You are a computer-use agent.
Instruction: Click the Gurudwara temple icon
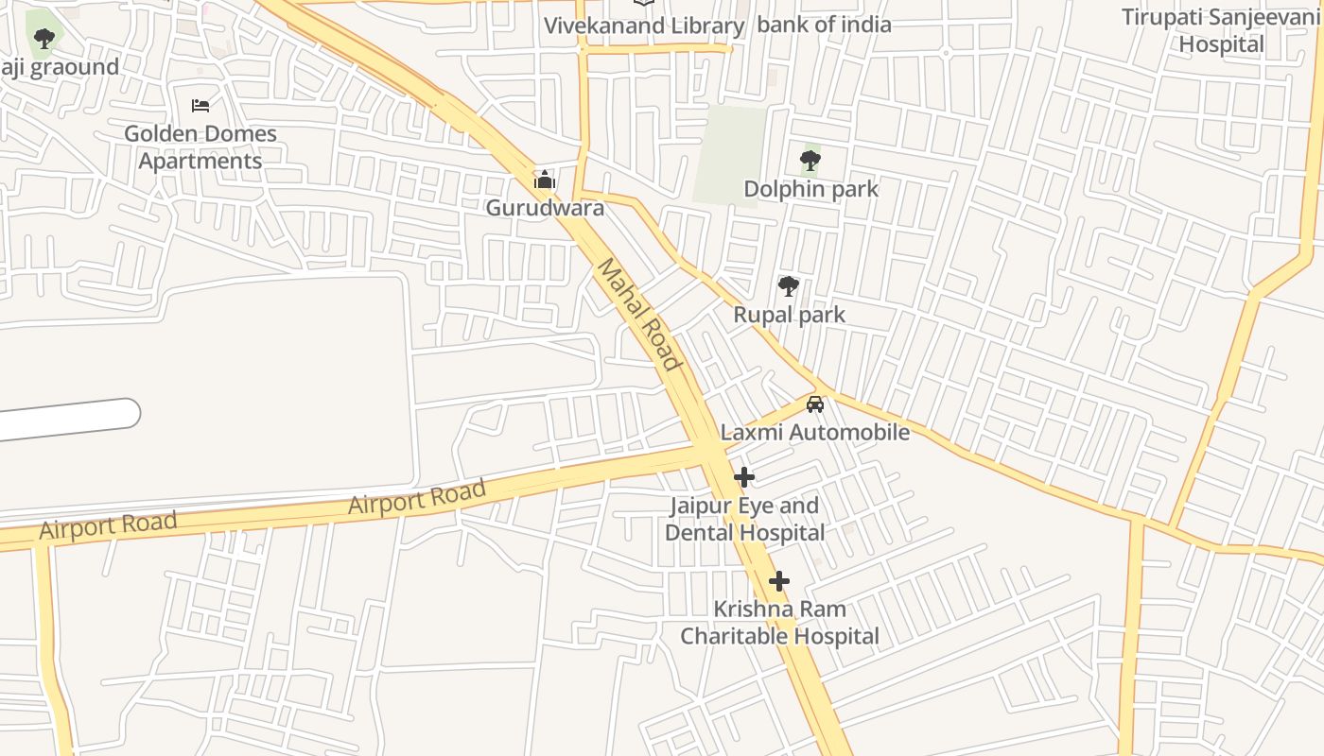pyautogui.click(x=545, y=179)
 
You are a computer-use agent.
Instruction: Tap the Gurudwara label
pyautogui.click(x=545, y=208)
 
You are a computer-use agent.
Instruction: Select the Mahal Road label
pyautogui.click(x=638, y=315)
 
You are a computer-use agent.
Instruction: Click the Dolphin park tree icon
pyautogui.click(x=810, y=160)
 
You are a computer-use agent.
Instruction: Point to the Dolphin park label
pyautogui.click(x=810, y=189)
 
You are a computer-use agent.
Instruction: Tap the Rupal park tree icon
pyautogui.click(x=788, y=285)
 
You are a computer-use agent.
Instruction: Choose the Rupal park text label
pyautogui.click(x=789, y=315)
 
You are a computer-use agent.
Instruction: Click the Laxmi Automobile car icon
pyautogui.click(x=814, y=404)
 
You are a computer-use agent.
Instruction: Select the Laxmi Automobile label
pyautogui.click(x=814, y=433)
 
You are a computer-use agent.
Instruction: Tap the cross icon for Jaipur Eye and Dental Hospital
pyautogui.click(x=744, y=477)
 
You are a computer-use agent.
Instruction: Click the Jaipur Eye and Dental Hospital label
pyautogui.click(x=744, y=519)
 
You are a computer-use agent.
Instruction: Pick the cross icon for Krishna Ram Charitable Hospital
pyautogui.click(x=778, y=580)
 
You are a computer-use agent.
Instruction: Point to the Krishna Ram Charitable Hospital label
pyautogui.click(x=779, y=623)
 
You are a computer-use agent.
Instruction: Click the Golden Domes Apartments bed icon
pyautogui.click(x=200, y=105)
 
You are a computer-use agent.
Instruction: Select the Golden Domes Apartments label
pyautogui.click(x=200, y=147)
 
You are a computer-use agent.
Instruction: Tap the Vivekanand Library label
pyautogui.click(x=643, y=26)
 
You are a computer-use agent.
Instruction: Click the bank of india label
pyautogui.click(x=824, y=25)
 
